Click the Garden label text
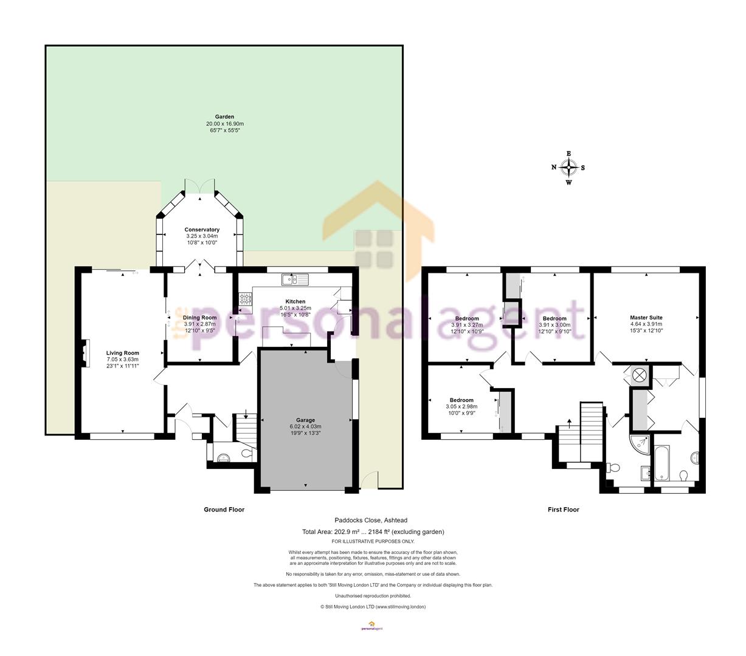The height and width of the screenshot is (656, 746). pyautogui.click(x=224, y=117)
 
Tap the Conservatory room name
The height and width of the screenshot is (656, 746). pyautogui.click(x=202, y=230)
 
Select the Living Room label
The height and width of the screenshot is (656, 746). pyautogui.click(x=123, y=353)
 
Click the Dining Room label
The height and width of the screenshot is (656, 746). pyautogui.click(x=199, y=318)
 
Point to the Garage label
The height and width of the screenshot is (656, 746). pyautogui.click(x=305, y=420)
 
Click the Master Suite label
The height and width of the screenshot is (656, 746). pyautogui.click(x=646, y=318)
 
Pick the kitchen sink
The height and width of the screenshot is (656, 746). pyautogui.click(x=295, y=279)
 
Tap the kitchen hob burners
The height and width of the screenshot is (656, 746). pyautogui.click(x=246, y=298)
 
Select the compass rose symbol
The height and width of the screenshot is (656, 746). pyautogui.click(x=568, y=168)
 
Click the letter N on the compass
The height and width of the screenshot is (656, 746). pyautogui.click(x=553, y=168)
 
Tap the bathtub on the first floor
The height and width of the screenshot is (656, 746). pyautogui.click(x=661, y=462)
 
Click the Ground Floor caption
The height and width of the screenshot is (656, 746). pyautogui.click(x=224, y=510)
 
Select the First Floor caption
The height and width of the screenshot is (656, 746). pyautogui.click(x=564, y=510)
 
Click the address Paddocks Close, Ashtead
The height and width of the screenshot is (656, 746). pyautogui.click(x=371, y=520)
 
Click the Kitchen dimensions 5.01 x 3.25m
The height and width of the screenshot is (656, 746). pyautogui.click(x=295, y=308)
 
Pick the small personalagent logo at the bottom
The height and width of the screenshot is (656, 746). pyautogui.click(x=372, y=626)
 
